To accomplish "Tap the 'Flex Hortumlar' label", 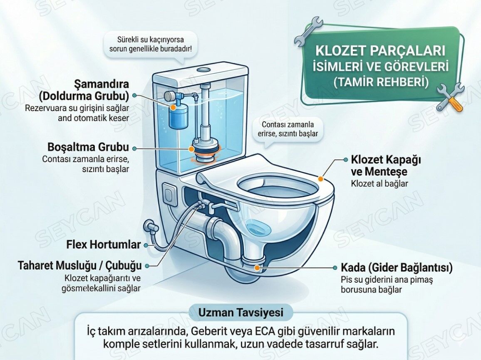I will (x=103, y=244).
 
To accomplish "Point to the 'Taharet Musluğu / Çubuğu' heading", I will (x=79, y=265).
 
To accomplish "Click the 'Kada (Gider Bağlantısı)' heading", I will (x=397, y=267).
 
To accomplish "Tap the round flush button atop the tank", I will (x=203, y=69).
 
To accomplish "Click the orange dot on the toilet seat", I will (x=320, y=179).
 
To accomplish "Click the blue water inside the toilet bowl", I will (x=258, y=229).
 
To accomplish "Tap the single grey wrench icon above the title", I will (x=308, y=31).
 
